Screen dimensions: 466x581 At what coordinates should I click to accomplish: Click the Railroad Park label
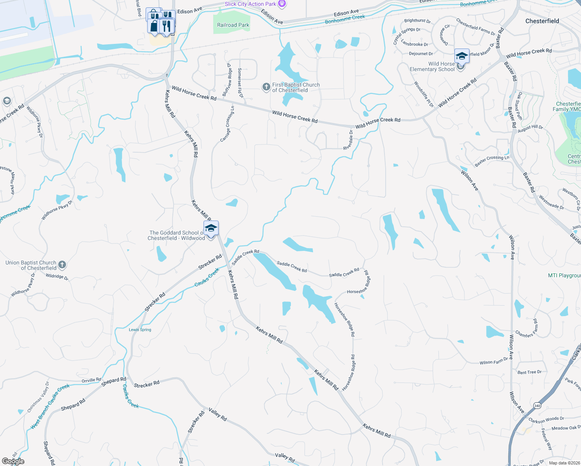pos(233,25)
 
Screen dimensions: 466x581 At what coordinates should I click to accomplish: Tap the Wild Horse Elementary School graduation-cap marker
pos(462,56)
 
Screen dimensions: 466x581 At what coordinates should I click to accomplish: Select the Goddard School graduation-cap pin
pos(211,228)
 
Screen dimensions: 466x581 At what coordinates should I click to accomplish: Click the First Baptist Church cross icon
pos(266,87)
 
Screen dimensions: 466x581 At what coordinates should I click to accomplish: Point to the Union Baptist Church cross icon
pos(62,265)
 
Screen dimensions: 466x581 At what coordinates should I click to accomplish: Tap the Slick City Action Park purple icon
pos(282,4)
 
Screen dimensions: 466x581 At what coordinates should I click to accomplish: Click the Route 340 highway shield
pos(537,405)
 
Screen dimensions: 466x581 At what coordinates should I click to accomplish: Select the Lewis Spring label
pos(140,330)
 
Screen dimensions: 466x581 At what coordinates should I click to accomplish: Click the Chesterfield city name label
pos(542,21)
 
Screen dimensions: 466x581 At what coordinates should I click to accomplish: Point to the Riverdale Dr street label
pos(348,140)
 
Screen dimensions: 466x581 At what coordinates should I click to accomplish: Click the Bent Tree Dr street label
pos(529,372)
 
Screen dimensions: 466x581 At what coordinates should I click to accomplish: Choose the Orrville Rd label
pos(91,380)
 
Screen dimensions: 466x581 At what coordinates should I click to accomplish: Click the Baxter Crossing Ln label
pos(492,160)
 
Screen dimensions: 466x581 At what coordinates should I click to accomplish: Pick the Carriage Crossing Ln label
pos(228,124)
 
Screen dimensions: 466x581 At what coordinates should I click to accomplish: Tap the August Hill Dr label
pos(531,129)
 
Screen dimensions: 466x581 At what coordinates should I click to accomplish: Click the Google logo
pos(13,461)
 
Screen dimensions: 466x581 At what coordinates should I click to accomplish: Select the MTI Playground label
pos(564,275)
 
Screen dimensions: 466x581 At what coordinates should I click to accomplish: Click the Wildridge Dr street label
pos(57,276)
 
